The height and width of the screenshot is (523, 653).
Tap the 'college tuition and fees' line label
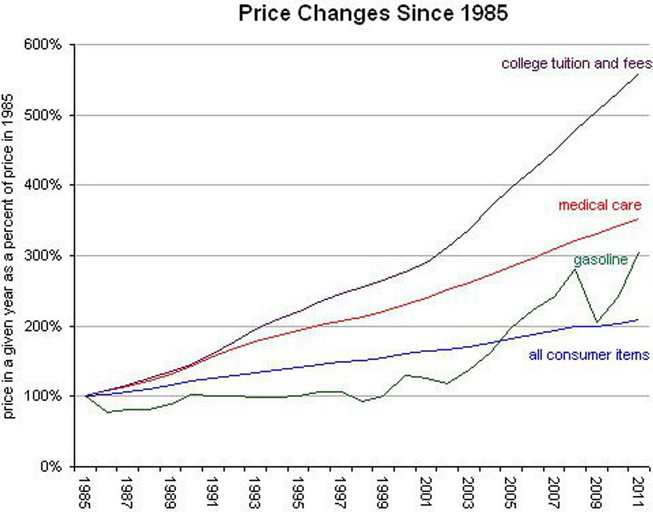[x=576, y=64]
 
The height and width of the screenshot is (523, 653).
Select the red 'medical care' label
[x=600, y=205]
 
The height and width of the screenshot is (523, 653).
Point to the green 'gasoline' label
[x=600, y=259]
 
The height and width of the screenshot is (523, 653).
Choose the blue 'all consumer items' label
[x=589, y=355]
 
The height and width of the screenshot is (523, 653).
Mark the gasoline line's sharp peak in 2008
[x=575, y=269]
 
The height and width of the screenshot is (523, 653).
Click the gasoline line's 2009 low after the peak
[x=596, y=322]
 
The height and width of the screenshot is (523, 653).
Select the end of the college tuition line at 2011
[x=638, y=75]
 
